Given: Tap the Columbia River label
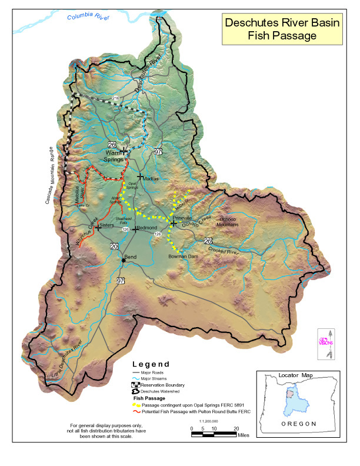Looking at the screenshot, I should (x=88, y=18).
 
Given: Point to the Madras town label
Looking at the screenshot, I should (x=151, y=178).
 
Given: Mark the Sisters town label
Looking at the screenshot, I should (x=106, y=225).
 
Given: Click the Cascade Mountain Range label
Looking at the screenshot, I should (x=49, y=175).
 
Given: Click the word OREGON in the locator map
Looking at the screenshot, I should (x=299, y=424).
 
